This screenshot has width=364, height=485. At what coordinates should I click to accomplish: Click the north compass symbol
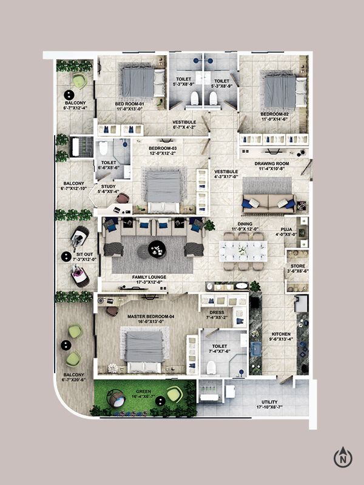343,457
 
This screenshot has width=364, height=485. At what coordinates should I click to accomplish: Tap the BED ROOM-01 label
129,104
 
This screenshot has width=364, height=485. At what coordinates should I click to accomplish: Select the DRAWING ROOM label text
272,164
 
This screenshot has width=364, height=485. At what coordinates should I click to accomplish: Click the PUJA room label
286,230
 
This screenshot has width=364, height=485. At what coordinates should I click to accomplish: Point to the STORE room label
298,266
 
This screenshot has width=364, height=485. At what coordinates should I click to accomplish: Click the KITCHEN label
281,334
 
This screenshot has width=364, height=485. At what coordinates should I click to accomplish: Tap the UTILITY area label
269,402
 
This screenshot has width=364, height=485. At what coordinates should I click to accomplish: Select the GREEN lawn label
143,392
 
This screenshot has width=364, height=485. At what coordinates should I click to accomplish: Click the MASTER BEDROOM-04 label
150,316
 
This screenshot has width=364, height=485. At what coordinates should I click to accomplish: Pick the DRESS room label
217,312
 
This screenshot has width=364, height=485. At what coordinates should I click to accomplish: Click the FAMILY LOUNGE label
149,277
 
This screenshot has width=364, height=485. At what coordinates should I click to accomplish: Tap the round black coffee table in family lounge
157,249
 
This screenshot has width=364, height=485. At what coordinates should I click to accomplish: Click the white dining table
243,251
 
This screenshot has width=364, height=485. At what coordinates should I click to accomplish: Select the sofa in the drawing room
269,203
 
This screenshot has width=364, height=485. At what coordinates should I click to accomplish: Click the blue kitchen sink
255,349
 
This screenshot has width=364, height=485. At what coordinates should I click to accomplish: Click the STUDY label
109,187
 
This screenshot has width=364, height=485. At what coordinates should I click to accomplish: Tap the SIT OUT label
84,254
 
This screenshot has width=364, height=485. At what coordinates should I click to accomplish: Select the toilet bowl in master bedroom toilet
211,367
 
